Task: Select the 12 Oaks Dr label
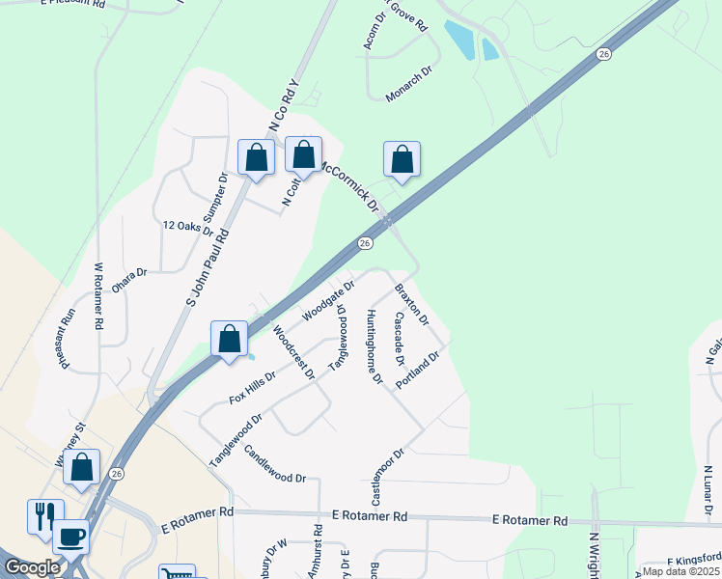pos(187,226)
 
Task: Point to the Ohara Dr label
pos(128,273)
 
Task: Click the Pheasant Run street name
pos(69,328)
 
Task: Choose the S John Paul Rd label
pos(207,267)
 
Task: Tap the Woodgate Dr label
pos(328,300)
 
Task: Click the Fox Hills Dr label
pos(252,385)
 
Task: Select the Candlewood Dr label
pos(274,464)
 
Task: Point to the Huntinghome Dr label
pos(373,346)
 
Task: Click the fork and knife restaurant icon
pos(43,515)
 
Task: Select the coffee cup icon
pos(70,535)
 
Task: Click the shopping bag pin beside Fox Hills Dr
pos(230,339)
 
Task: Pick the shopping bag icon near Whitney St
pos(83,467)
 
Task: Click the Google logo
pos(32,567)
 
